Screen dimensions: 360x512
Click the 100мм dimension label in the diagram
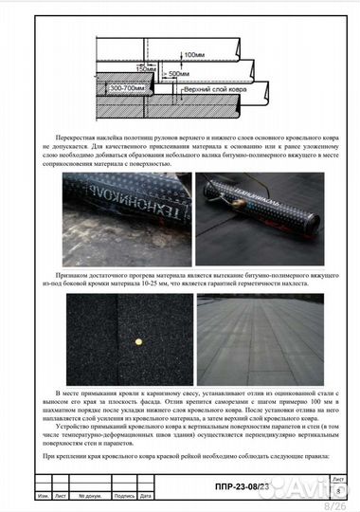(195, 55)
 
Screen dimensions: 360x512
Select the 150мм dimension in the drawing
(145, 68)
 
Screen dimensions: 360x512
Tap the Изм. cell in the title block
(44, 496)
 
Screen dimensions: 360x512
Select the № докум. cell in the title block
(91, 496)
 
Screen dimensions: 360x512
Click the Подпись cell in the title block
(124, 496)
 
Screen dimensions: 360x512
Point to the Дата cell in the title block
(145, 496)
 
